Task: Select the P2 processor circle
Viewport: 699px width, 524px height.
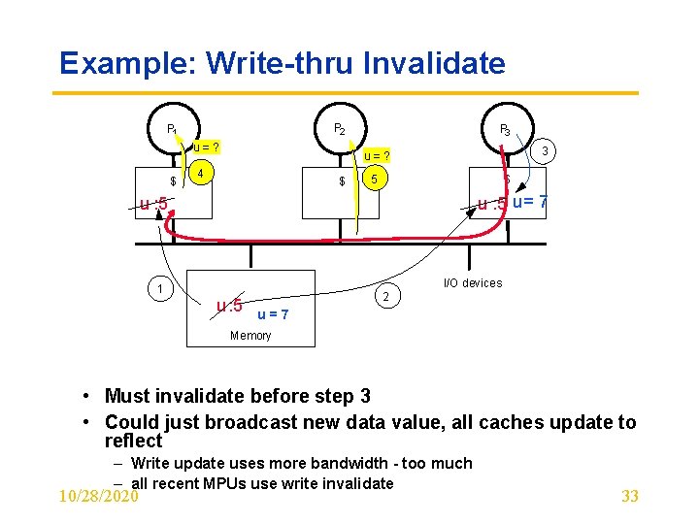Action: [x=339, y=127]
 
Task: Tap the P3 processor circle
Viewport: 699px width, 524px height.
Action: [x=505, y=128]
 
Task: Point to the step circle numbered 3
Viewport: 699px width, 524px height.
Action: [x=547, y=150]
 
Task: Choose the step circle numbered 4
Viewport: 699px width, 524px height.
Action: [x=200, y=175]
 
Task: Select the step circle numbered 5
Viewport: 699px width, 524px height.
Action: [x=374, y=180]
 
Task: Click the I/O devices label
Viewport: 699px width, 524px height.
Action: [x=473, y=283]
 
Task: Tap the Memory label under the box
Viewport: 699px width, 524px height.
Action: [x=250, y=336]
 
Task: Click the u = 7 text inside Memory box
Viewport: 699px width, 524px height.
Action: [x=273, y=313]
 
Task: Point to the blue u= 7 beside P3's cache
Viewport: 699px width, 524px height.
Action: [x=530, y=202]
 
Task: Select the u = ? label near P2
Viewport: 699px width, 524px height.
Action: [x=377, y=155]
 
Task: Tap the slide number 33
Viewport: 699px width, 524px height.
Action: [x=629, y=496]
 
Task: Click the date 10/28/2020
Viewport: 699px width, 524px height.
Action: [x=99, y=496]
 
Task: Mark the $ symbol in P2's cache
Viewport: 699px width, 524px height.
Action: [x=342, y=181]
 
